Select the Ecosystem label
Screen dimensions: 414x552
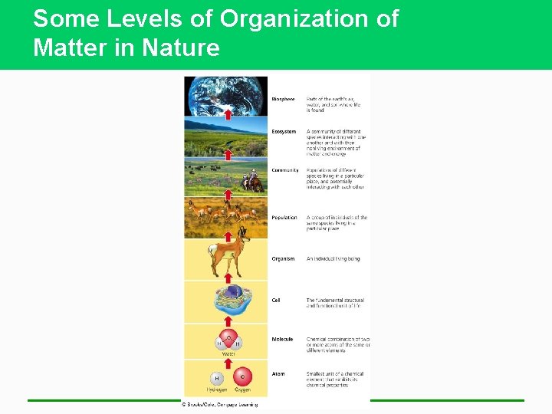283,132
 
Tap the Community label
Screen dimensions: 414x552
284,170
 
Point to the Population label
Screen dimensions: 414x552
284,218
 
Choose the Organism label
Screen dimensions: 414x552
283,259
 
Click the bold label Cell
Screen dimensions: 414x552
276,301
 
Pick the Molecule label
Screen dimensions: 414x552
282,340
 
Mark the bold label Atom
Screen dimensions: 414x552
278,374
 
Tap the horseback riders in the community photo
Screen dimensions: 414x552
251,182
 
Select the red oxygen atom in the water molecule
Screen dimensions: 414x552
228,337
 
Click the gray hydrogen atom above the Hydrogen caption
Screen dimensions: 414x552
217,378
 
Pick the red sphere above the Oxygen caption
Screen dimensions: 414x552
242,377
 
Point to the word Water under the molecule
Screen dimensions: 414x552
228,353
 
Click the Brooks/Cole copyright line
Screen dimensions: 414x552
219,404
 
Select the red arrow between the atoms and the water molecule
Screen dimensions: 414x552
228,363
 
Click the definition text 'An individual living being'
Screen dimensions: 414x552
333,259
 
